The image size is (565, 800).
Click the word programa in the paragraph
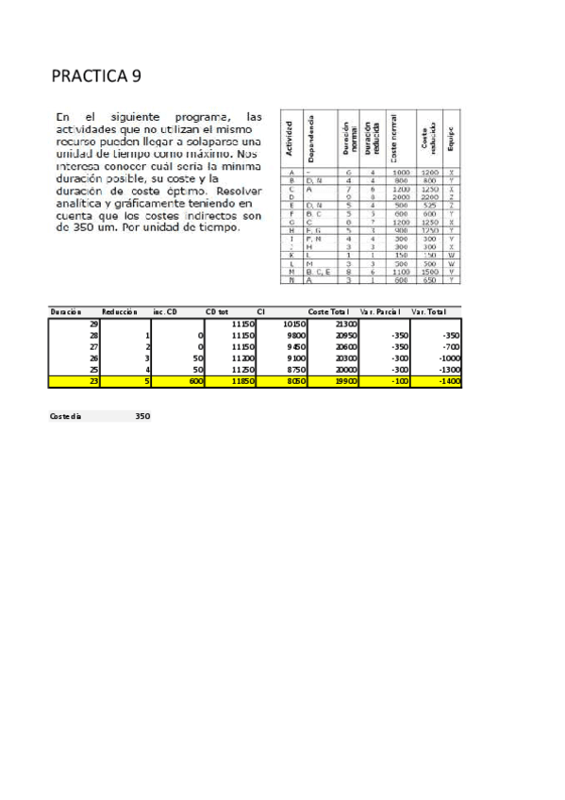[x=188, y=116]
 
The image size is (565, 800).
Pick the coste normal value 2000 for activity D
[x=402, y=196]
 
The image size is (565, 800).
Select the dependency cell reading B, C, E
[x=318, y=272]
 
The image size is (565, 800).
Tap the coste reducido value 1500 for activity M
[x=430, y=272]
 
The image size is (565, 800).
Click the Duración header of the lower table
[x=66, y=311]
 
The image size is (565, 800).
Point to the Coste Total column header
[x=328, y=311]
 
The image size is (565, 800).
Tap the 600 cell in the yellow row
[x=195, y=382]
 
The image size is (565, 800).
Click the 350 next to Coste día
[x=142, y=416]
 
